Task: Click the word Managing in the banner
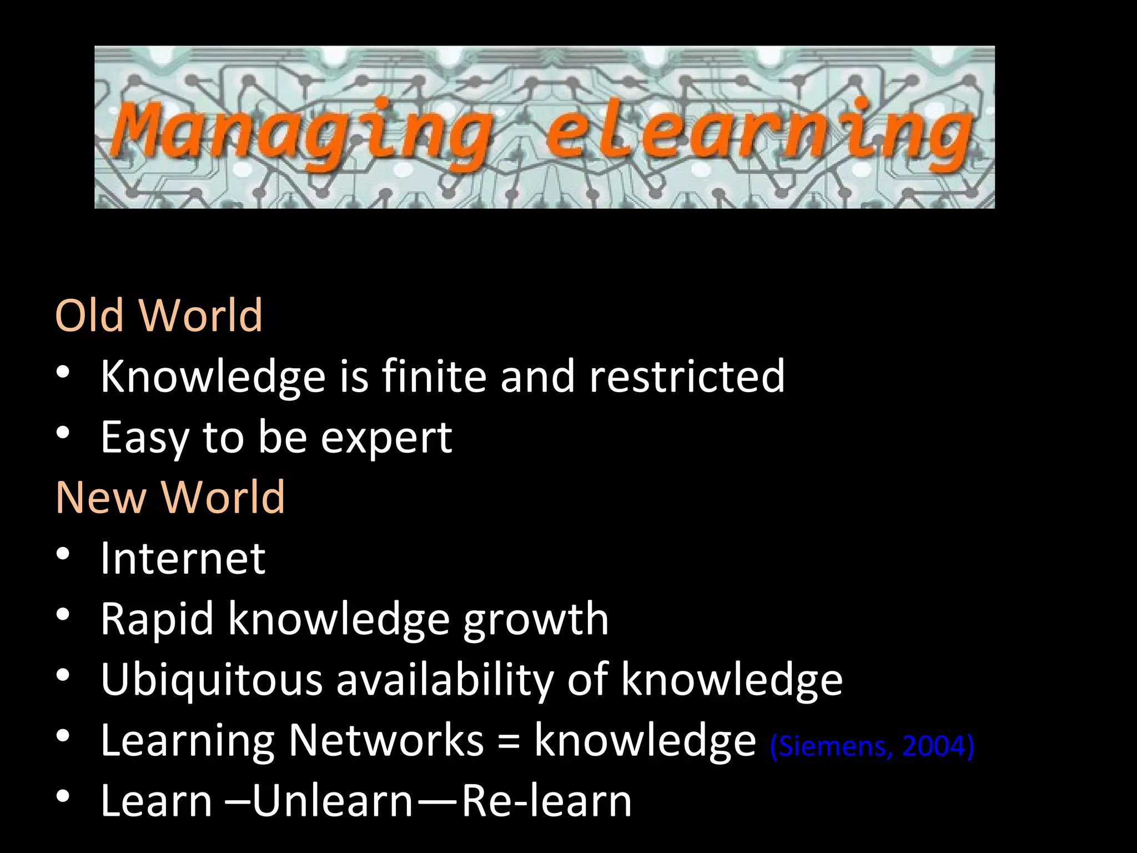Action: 303,131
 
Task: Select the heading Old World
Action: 159,315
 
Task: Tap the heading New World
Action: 170,496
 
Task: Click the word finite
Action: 434,377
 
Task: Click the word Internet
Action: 183,558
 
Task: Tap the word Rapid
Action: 157,620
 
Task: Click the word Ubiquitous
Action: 212,680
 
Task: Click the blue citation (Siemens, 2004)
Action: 872,746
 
